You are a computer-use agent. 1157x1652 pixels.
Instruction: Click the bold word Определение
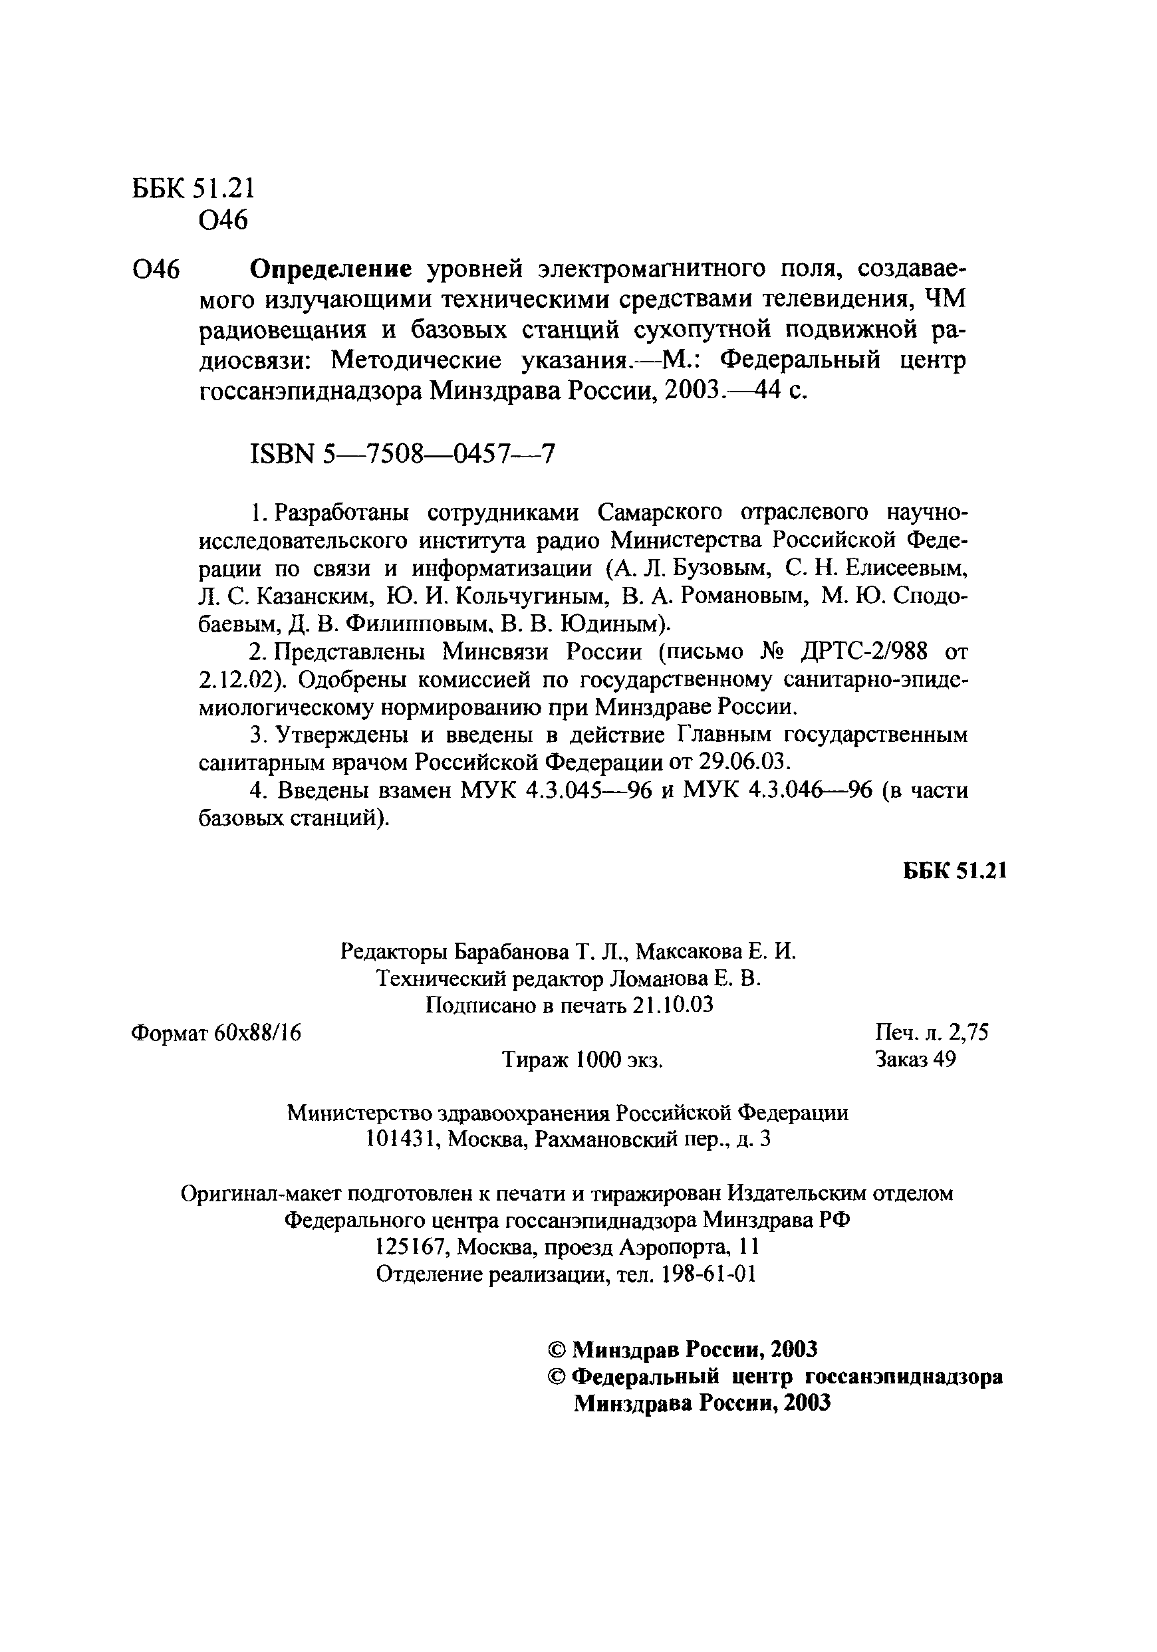[x=330, y=270]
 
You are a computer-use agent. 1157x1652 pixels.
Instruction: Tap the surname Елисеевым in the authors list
[x=905, y=568]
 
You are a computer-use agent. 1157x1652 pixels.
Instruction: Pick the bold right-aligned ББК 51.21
[x=954, y=872]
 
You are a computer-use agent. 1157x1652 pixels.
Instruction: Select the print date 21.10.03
[x=674, y=1005]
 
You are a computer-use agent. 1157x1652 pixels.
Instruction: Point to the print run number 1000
[x=599, y=1060]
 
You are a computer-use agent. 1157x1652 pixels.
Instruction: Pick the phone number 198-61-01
[x=708, y=1274]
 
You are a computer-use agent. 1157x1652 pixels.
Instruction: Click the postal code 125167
[x=413, y=1247]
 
